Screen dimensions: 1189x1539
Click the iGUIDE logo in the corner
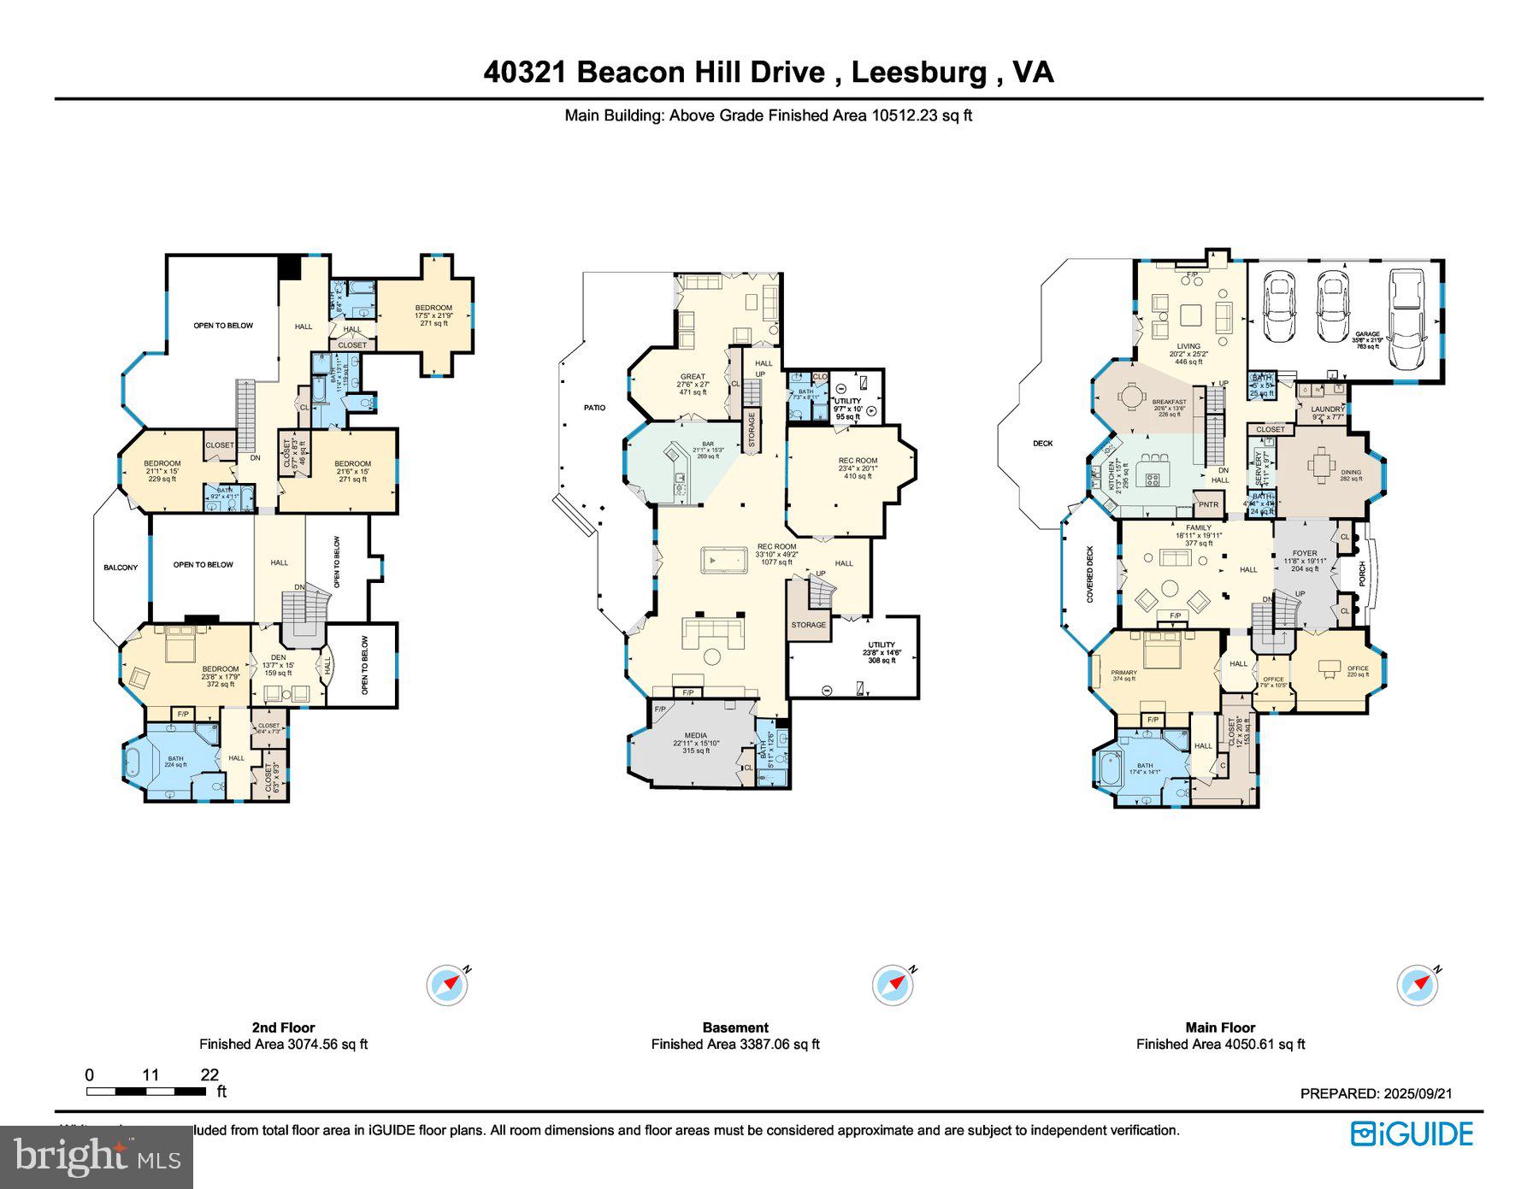point(1412,1133)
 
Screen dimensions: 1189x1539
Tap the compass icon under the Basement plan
point(893,986)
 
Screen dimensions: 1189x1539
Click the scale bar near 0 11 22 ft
point(145,1091)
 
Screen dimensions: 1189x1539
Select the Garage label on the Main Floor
point(1367,334)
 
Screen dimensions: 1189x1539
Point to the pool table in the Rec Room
point(723,560)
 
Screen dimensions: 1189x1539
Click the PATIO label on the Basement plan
point(594,408)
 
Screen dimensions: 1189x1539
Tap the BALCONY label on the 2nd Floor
point(121,568)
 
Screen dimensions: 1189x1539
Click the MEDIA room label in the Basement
point(696,735)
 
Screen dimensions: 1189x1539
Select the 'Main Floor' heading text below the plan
point(1220,1027)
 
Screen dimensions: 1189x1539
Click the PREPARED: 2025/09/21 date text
point(1376,1093)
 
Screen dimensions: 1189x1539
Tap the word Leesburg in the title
point(918,72)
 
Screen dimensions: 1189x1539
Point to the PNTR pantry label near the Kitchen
point(1208,504)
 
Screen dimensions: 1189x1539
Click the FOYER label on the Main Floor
point(1305,553)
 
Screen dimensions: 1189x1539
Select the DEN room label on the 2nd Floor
point(278,657)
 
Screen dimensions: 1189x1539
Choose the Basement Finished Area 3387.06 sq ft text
point(735,1044)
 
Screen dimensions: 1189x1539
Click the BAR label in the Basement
point(708,444)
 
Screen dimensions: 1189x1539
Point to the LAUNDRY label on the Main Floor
point(1328,409)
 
